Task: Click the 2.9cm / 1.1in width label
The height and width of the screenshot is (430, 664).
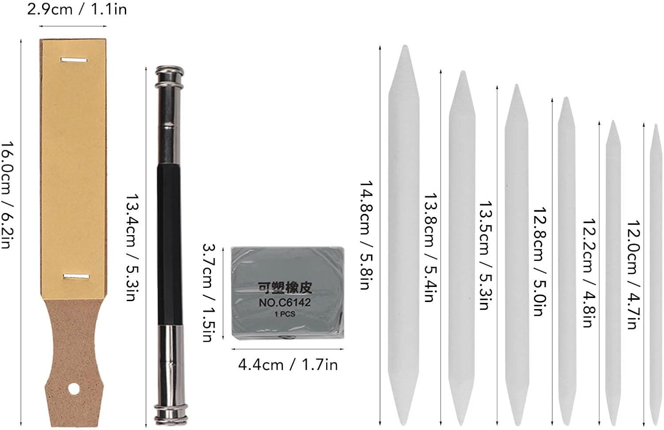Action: coord(77,9)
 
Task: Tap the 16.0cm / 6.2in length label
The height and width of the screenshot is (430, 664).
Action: coord(8,195)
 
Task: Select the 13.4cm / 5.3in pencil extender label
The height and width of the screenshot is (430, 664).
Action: coord(132,248)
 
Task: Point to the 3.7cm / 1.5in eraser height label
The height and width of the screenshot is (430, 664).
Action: coord(208,293)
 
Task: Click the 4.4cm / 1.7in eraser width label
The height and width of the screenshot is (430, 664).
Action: coord(288,364)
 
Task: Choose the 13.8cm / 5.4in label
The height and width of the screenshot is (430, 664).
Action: coord(430,247)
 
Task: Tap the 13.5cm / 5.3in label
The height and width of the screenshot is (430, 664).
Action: coord(486,256)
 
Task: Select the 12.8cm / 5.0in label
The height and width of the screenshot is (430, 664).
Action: coord(540,262)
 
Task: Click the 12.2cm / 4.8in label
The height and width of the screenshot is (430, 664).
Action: coord(589,273)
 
